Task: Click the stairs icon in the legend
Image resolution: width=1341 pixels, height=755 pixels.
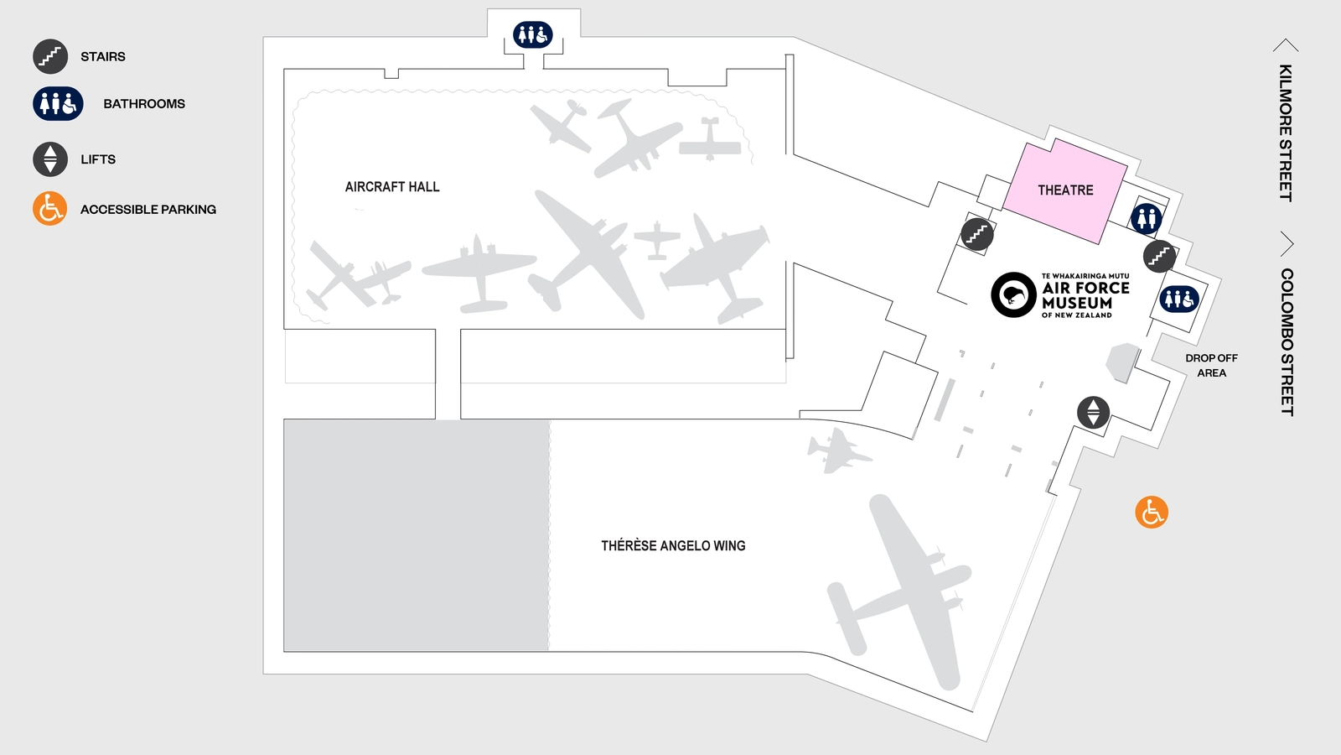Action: [50, 56]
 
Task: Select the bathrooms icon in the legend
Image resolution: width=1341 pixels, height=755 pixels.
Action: [58, 104]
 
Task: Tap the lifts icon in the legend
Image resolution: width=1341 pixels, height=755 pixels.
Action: [50, 159]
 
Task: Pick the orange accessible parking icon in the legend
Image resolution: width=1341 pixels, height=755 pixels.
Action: [50, 209]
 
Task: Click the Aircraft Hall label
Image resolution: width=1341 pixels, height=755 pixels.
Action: [392, 187]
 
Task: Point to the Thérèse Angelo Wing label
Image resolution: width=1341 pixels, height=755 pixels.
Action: [673, 546]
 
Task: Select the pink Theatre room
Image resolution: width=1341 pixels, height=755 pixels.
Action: [1065, 190]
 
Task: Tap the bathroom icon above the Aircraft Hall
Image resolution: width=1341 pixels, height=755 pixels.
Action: [533, 34]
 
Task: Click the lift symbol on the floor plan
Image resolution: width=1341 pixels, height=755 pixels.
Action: [1093, 413]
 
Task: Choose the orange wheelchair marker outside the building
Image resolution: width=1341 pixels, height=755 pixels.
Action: [1152, 512]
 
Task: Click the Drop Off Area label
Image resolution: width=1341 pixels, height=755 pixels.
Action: [1211, 366]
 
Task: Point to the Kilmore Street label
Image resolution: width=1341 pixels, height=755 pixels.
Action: [1285, 133]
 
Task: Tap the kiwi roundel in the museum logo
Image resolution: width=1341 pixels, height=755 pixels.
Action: [1014, 294]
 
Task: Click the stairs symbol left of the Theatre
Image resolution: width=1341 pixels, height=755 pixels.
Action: [977, 234]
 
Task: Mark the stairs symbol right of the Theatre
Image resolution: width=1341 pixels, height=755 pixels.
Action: [1159, 256]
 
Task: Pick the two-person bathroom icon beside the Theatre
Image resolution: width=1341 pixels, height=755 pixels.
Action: [1147, 218]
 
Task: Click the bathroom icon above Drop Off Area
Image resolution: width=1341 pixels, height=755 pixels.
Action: [1179, 299]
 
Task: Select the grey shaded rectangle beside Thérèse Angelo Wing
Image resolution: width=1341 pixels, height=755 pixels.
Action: [417, 535]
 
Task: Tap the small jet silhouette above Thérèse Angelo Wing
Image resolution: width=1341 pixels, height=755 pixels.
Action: [837, 451]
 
